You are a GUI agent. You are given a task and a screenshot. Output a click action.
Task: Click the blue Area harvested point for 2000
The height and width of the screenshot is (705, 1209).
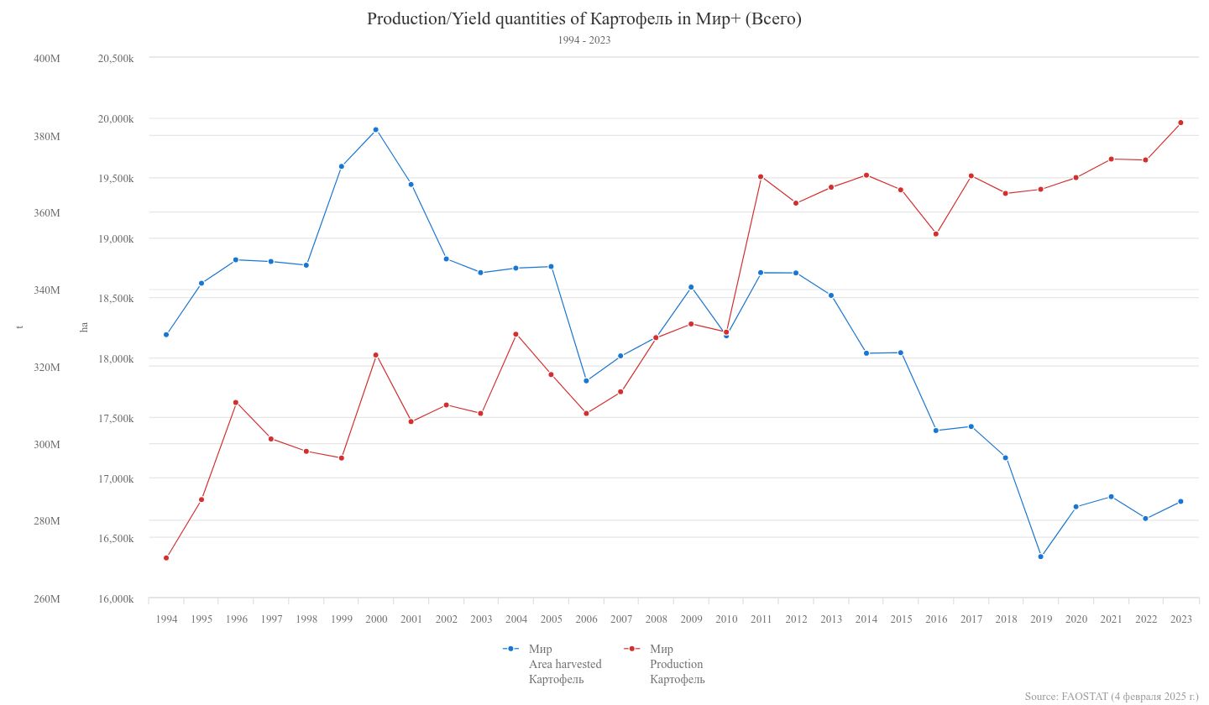click(x=376, y=130)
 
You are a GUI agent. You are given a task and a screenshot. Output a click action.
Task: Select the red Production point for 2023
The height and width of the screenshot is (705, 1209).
click(x=1180, y=123)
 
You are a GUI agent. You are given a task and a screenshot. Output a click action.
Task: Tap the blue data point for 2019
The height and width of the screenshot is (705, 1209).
click(x=1041, y=556)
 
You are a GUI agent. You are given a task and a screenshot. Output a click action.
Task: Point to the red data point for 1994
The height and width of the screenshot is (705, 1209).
click(x=166, y=558)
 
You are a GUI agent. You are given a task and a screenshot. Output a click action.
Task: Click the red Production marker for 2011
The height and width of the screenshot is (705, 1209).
click(x=761, y=176)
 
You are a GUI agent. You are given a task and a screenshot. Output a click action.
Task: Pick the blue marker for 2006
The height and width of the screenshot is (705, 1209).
click(x=586, y=381)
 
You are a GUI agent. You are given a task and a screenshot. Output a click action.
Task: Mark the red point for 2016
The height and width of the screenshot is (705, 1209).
click(x=936, y=234)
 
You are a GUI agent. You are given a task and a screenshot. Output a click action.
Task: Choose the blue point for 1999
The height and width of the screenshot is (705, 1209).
click(x=341, y=166)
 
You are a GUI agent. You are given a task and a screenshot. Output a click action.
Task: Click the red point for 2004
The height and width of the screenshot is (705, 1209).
click(x=516, y=334)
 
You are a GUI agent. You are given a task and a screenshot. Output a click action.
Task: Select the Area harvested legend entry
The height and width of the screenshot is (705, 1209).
click(x=564, y=664)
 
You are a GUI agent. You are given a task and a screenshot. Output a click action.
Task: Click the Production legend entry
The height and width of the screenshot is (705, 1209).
click(x=676, y=664)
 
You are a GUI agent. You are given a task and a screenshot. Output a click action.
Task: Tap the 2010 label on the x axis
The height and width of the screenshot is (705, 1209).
click(x=726, y=619)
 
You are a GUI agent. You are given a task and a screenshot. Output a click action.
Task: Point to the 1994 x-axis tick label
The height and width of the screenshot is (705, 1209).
click(x=166, y=619)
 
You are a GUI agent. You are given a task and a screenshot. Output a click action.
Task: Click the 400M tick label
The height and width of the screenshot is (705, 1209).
click(x=47, y=59)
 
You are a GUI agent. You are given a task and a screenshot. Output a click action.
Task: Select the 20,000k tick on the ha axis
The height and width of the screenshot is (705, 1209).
click(x=116, y=118)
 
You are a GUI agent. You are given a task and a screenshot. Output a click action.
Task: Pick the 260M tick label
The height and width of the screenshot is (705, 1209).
click(x=47, y=599)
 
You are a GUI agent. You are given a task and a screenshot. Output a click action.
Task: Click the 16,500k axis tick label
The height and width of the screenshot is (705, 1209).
click(x=116, y=538)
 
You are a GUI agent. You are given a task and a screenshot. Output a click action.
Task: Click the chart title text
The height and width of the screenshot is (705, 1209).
click(x=584, y=19)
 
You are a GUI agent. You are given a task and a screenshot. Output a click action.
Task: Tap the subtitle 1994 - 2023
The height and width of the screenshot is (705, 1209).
click(x=584, y=40)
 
